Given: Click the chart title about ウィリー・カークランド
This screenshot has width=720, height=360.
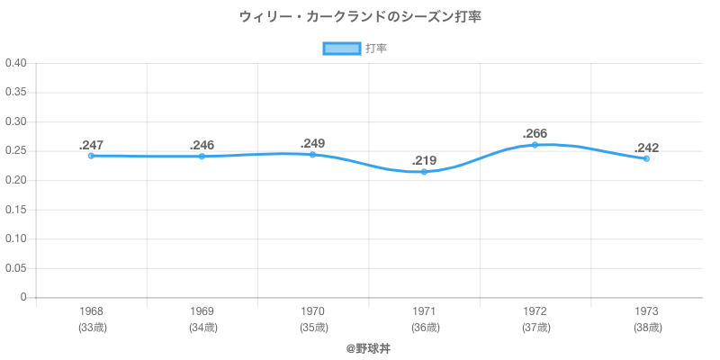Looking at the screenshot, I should (360, 17).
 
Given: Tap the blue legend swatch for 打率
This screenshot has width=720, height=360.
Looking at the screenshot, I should (341, 49).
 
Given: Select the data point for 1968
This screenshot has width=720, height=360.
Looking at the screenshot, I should (91, 156).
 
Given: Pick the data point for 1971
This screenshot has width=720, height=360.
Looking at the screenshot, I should (424, 172).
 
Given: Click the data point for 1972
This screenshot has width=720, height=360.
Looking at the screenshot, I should (535, 145).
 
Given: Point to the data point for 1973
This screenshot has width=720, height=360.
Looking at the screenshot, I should (646, 158).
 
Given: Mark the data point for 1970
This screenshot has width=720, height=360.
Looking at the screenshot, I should (312, 155).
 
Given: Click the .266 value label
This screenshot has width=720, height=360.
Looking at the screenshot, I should (535, 134).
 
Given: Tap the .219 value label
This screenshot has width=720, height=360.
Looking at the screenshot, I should (424, 161).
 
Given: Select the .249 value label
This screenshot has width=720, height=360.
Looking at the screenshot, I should (312, 143).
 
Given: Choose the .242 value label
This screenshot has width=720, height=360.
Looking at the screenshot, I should (646, 148).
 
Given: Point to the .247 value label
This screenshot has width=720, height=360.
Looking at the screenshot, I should (91, 145).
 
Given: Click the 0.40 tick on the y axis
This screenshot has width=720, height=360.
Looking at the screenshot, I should (16, 63).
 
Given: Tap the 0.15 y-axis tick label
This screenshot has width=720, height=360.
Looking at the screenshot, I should (16, 210).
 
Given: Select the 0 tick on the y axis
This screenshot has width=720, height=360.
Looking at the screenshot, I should (24, 297).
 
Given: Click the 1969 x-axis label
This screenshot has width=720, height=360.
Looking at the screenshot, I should (202, 311).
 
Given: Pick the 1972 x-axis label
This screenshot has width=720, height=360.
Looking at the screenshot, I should (535, 311).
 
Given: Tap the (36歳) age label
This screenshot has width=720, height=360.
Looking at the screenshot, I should (424, 328).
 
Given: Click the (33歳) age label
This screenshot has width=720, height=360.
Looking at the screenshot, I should (91, 328).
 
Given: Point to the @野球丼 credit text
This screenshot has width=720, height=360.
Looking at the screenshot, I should (368, 347).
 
